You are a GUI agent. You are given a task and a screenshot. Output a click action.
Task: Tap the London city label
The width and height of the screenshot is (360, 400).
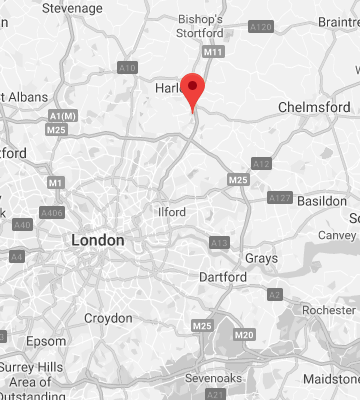pos(98,241)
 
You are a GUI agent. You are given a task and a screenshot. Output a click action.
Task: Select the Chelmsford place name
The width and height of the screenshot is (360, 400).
pos(313,107)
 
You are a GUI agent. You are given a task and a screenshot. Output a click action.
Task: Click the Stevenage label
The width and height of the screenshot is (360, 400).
pos(73,8)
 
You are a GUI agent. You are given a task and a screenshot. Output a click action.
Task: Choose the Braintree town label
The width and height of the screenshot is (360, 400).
pos(338,21)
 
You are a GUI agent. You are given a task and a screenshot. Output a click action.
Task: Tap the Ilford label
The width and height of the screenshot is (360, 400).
pos(173,212)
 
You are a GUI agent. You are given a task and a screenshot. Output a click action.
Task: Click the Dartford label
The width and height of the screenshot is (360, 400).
pos(223,276)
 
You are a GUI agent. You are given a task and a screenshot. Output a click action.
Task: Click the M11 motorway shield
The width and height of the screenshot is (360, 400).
pos(212,52)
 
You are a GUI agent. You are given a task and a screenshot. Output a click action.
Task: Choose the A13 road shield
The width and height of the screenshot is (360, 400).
pos(219,243)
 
